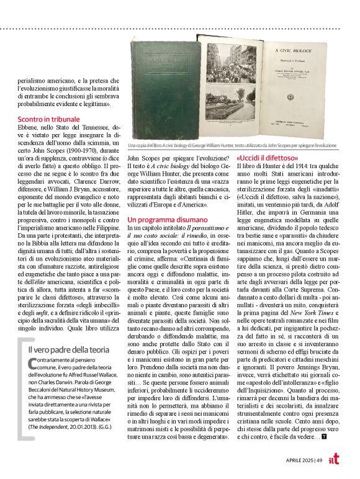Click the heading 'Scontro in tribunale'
click(48, 119)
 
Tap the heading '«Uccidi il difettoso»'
click(265, 158)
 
